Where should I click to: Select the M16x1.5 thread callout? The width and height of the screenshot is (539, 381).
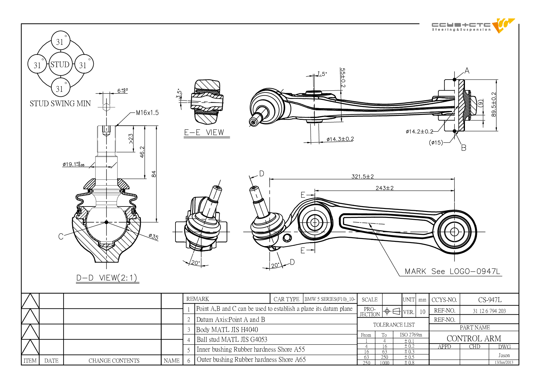pos(148,113)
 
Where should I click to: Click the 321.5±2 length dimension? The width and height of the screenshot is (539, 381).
pos(363,176)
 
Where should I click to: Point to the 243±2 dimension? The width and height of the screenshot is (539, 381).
pos(384,188)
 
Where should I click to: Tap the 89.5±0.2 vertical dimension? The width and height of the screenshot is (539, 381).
pos(494,104)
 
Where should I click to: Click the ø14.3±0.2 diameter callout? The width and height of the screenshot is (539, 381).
pos(340,139)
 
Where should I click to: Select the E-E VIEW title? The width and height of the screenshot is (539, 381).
pos(204,132)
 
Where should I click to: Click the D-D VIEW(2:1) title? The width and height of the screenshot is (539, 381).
pos(107,278)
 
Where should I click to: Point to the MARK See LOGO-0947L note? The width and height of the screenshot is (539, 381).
pos(452,271)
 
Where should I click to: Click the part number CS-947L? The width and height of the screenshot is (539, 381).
pos(490,300)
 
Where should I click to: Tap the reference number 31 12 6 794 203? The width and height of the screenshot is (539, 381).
pos(489,311)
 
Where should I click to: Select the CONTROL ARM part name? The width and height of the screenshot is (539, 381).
pos(474,338)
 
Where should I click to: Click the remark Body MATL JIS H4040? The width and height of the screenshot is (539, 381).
pos(227,330)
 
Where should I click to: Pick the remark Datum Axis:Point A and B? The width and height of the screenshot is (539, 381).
pos(230,320)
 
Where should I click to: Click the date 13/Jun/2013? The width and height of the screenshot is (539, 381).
pos(504,362)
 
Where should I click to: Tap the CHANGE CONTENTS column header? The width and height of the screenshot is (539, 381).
pos(114,361)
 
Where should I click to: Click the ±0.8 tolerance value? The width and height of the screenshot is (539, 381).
pos(409,363)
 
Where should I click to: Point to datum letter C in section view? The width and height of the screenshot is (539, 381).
pos(61,236)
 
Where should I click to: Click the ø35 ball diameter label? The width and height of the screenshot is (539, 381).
pos(153,237)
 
